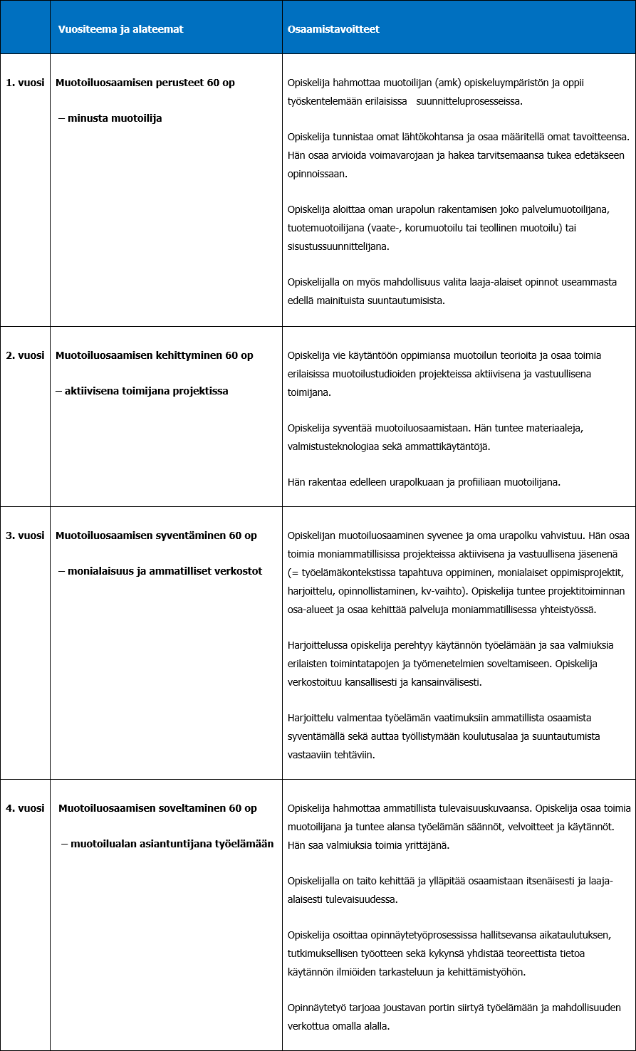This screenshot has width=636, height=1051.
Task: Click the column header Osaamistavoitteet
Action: [x=333, y=29]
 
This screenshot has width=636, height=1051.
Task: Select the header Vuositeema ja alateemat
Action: [x=120, y=29]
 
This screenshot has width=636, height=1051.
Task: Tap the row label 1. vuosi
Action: [x=25, y=83]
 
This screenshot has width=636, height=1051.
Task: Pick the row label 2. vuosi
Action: [x=25, y=355]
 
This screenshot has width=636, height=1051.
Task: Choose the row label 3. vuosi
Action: [x=25, y=535]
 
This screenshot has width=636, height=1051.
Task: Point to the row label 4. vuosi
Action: [x=25, y=808]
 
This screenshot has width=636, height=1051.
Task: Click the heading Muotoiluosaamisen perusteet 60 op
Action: [x=145, y=83]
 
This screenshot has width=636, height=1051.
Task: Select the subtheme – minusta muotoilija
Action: [x=110, y=118]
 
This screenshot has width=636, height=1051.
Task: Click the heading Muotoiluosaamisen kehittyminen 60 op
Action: [x=155, y=355]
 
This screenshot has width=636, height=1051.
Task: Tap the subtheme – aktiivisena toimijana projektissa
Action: [x=142, y=391]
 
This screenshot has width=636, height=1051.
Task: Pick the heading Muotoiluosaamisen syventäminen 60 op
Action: [x=156, y=535]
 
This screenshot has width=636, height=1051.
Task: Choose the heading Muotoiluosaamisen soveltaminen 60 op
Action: [x=157, y=808]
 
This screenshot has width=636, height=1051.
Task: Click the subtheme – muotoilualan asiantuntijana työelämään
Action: [x=167, y=844]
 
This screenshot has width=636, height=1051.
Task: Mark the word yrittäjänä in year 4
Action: [x=428, y=845]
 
